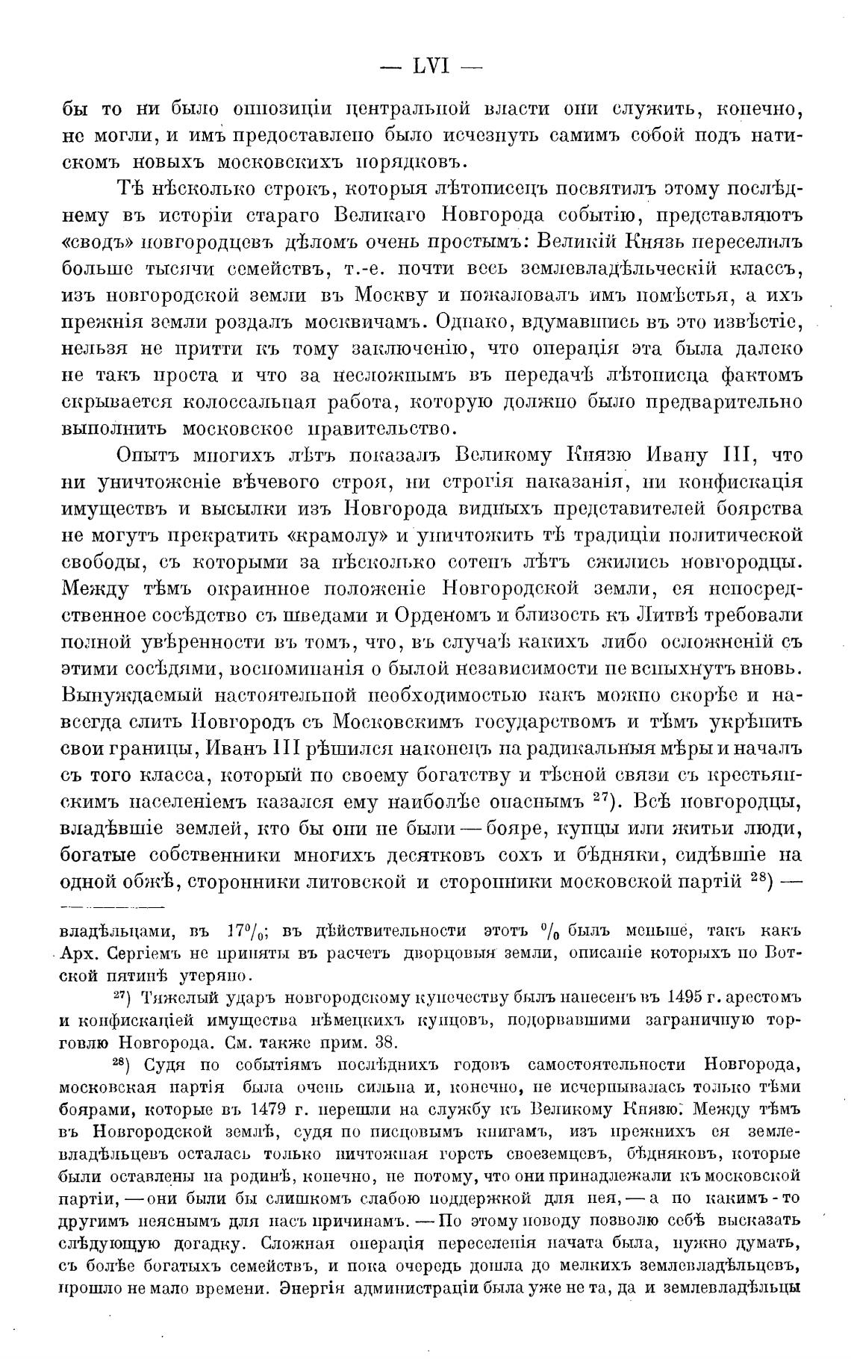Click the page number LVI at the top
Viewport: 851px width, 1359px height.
[430, 66]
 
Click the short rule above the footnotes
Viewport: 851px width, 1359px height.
[112, 908]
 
